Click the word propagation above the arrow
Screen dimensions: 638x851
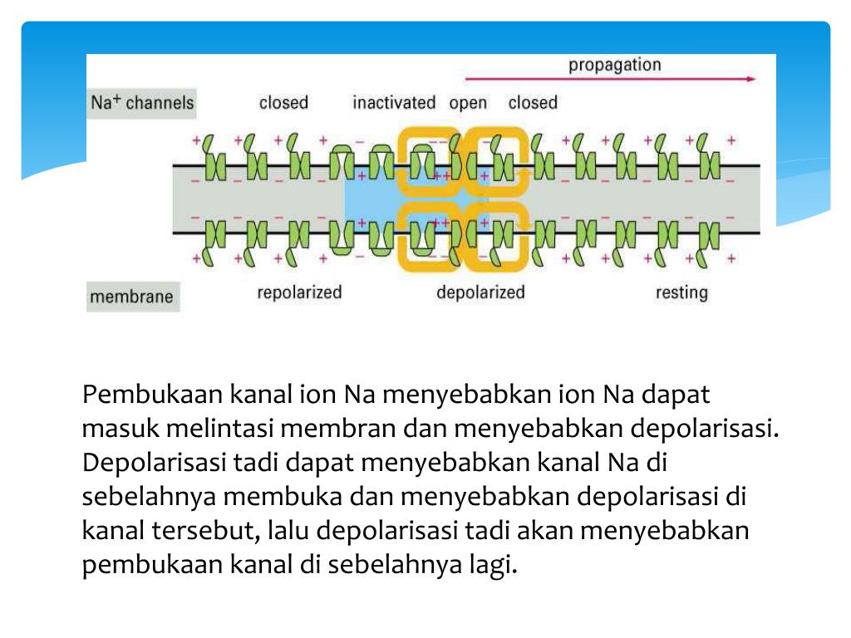(x=614, y=65)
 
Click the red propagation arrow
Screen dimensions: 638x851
(x=610, y=80)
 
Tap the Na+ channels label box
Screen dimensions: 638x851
(x=141, y=103)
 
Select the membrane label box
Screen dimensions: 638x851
(x=131, y=297)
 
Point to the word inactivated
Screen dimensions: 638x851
(x=394, y=103)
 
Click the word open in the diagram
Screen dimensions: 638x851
(x=468, y=104)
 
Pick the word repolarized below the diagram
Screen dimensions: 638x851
(x=299, y=292)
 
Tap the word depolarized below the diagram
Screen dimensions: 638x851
(x=480, y=292)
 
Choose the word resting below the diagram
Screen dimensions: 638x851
(x=681, y=292)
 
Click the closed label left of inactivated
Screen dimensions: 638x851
(x=283, y=103)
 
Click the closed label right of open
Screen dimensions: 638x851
(x=533, y=103)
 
